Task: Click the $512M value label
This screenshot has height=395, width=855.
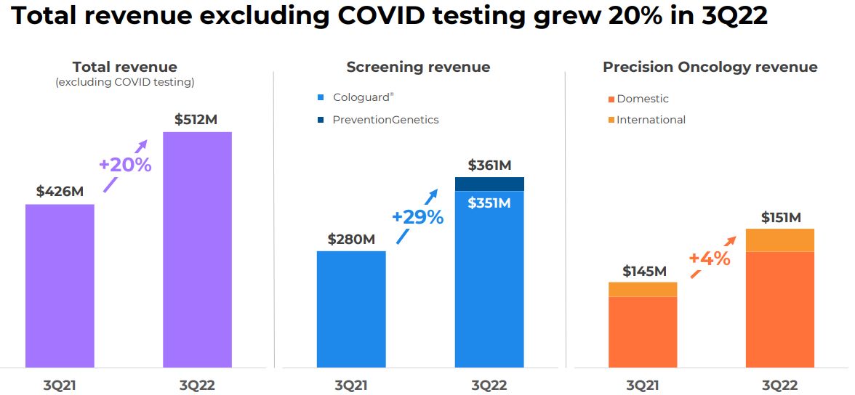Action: tap(196, 120)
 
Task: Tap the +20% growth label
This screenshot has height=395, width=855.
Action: tap(125, 165)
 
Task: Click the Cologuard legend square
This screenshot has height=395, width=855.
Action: tap(321, 97)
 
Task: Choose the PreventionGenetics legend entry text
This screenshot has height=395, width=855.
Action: tap(385, 120)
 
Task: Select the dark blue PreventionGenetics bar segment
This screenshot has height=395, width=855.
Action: tap(489, 184)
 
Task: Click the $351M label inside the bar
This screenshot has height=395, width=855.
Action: tap(489, 203)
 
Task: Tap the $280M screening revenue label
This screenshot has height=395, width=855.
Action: tap(351, 239)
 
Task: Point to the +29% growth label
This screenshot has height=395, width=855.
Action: tap(417, 217)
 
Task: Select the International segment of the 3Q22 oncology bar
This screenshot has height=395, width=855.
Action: tap(779, 240)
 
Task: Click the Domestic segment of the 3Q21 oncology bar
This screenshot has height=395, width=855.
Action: tap(643, 331)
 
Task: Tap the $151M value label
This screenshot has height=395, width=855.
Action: tap(781, 217)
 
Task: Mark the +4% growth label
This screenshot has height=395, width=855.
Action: tap(710, 258)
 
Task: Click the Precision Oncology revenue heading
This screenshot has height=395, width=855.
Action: tap(710, 68)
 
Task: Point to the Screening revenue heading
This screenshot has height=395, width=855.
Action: tap(418, 68)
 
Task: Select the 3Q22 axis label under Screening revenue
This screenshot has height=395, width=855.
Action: tap(489, 386)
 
